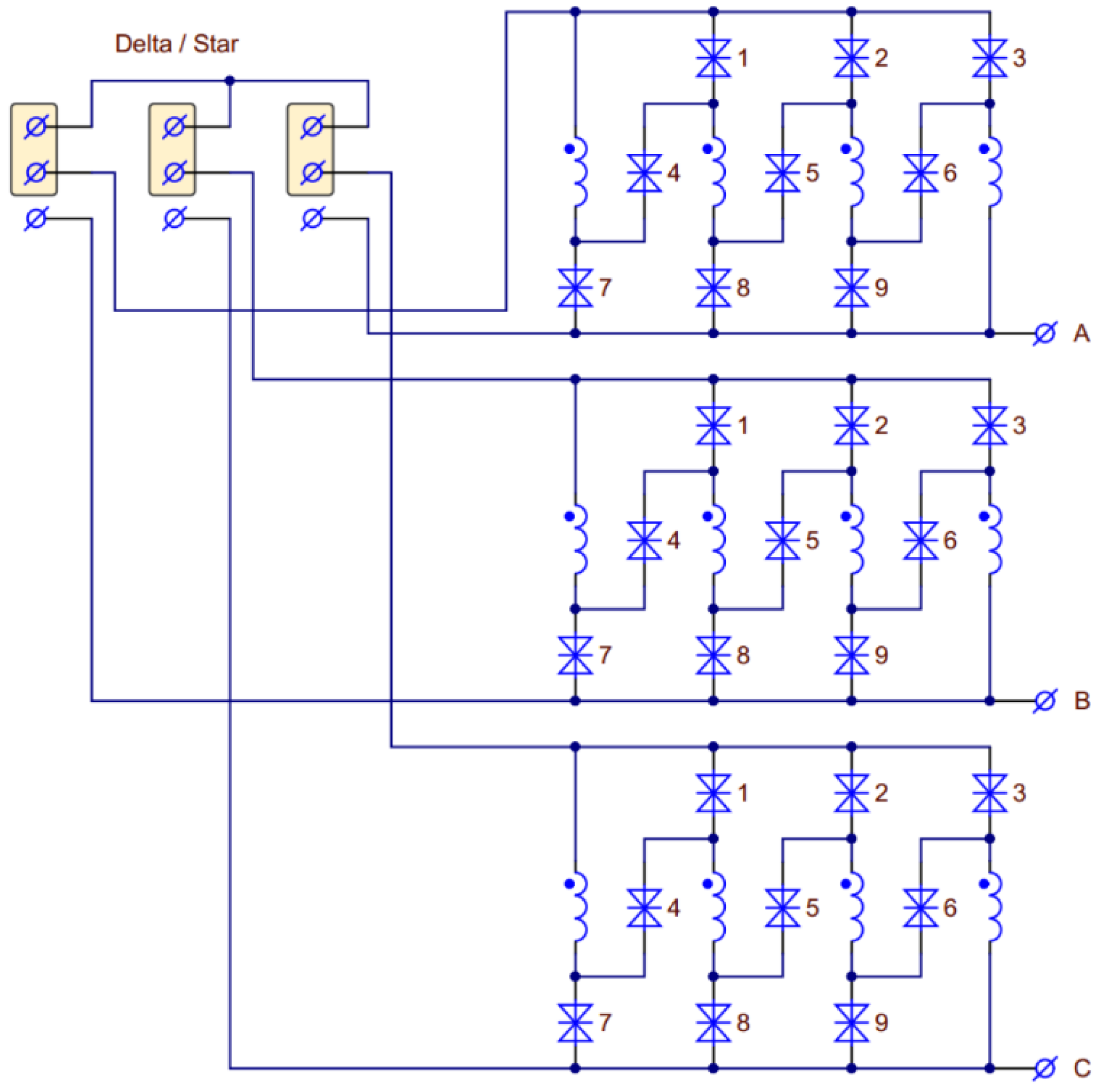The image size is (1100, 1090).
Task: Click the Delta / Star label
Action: point(177,44)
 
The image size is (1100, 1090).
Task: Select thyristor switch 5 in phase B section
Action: point(782,540)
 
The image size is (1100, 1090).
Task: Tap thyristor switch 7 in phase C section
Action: point(575,1022)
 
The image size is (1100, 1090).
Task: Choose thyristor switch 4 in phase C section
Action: point(644,908)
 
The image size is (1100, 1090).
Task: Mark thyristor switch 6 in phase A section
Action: point(921,172)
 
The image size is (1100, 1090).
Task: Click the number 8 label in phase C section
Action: point(743,1022)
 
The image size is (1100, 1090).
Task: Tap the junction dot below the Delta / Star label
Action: point(229,81)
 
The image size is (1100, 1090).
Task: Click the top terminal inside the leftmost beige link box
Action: point(36,127)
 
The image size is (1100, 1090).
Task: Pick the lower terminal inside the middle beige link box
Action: point(174,172)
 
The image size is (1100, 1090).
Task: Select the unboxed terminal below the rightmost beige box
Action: point(312,218)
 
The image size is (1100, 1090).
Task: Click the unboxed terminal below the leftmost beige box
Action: point(36,218)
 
